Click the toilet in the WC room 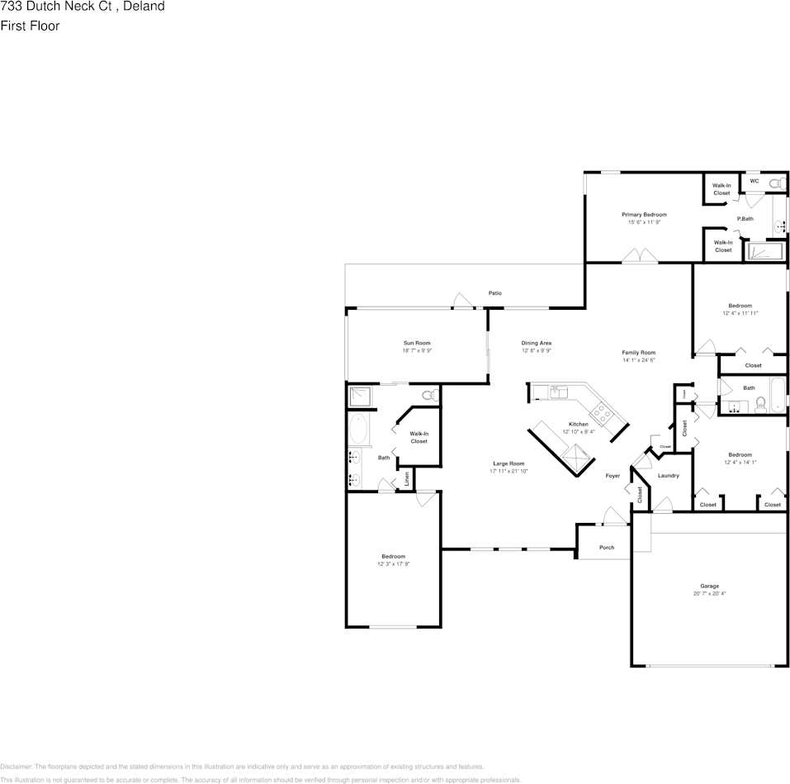click(774, 183)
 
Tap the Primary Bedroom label click(644, 215)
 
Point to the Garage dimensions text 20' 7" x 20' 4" click(709, 593)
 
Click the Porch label click(607, 547)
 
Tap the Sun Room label click(417, 343)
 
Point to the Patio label click(494, 293)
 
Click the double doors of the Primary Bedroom click(641, 258)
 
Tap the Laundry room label click(669, 475)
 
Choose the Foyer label click(613, 476)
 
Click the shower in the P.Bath click(766, 251)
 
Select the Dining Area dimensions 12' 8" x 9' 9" click(536, 350)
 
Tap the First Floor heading click(30, 26)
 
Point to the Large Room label click(509, 463)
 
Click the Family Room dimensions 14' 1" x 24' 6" click(638, 360)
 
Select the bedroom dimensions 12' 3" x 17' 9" click(393, 564)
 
